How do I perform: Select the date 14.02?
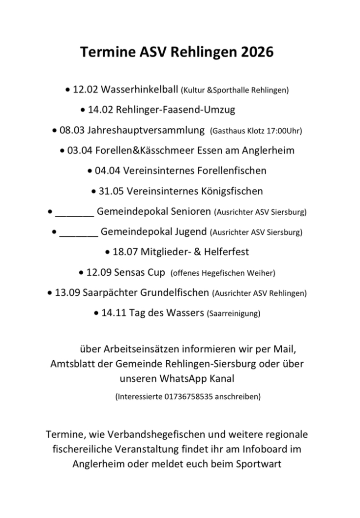tap(100, 110)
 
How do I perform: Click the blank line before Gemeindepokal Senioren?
tap(75, 212)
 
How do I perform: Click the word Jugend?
tap(189, 231)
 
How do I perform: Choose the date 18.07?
tap(125, 252)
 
